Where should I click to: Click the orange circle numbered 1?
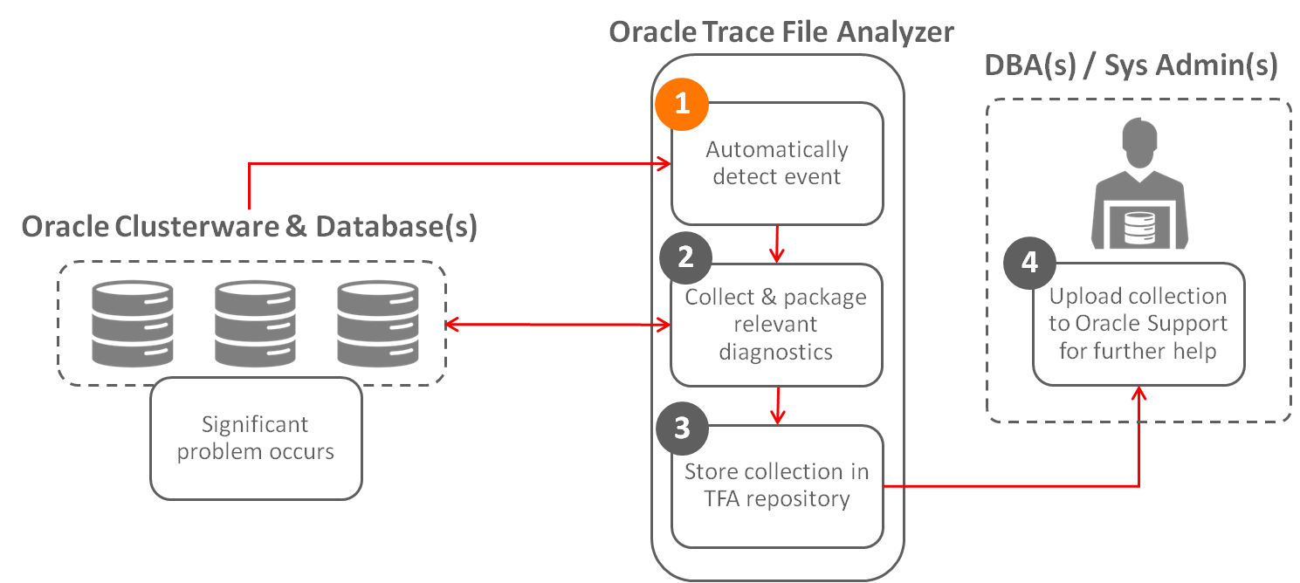coord(682,104)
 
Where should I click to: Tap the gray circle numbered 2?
coord(685,257)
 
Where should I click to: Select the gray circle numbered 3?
coord(682,428)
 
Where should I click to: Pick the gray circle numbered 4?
coord(1029,263)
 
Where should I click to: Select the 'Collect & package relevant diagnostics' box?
coord(776,325)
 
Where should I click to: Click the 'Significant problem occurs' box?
coord(256,438)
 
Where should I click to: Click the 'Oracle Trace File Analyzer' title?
coord(781,32)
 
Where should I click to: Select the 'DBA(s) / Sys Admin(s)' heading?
coord(1131,65)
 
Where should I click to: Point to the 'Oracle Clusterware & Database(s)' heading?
coord(249,227)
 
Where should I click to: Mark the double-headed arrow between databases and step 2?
coord(558,325)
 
